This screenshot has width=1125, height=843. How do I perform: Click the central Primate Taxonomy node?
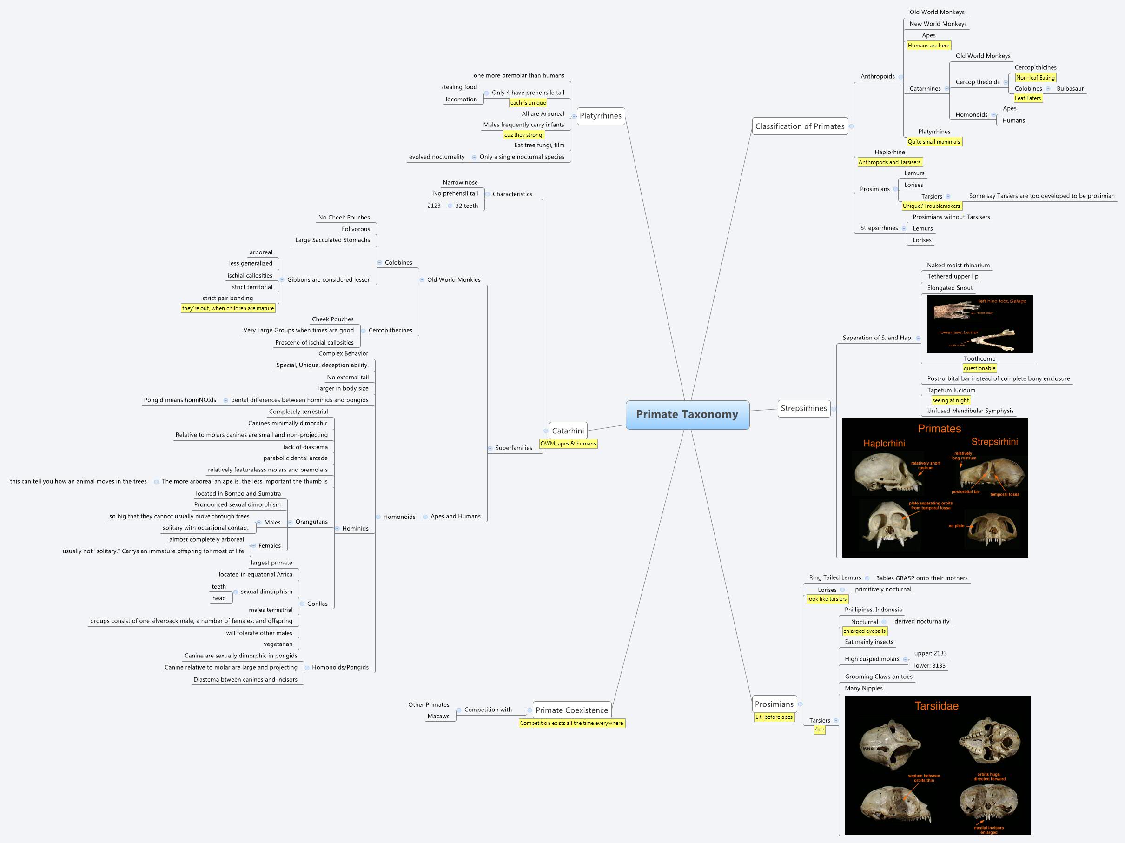coord(687,414)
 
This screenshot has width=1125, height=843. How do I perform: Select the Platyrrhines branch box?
coord(600,115)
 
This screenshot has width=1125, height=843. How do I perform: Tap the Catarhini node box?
coord(568,431)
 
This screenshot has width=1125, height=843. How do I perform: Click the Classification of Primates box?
coord(800,126)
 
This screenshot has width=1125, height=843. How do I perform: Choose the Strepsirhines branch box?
coord(804,408)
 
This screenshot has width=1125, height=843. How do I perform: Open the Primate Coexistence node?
coord(571,710)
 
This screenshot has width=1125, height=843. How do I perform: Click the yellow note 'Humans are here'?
coord(928,45)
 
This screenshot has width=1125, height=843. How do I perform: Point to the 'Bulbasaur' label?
coord(1070,88)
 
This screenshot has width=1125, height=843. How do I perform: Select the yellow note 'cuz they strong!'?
coord(523,135)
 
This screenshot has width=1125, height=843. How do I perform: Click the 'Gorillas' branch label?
coord(317,604)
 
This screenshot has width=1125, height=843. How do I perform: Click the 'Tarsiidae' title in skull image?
coord(936,706)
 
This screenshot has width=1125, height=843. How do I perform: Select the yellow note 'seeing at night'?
coord(950,400)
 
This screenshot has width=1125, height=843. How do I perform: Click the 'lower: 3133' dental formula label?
coord(929,665)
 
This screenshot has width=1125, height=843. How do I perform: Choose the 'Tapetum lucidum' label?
coord(951,390)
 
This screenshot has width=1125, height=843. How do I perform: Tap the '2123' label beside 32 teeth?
coord(434,206)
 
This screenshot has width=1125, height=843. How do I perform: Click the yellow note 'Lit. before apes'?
coord(774,717)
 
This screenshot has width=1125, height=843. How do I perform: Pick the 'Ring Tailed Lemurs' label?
coord(834,577)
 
